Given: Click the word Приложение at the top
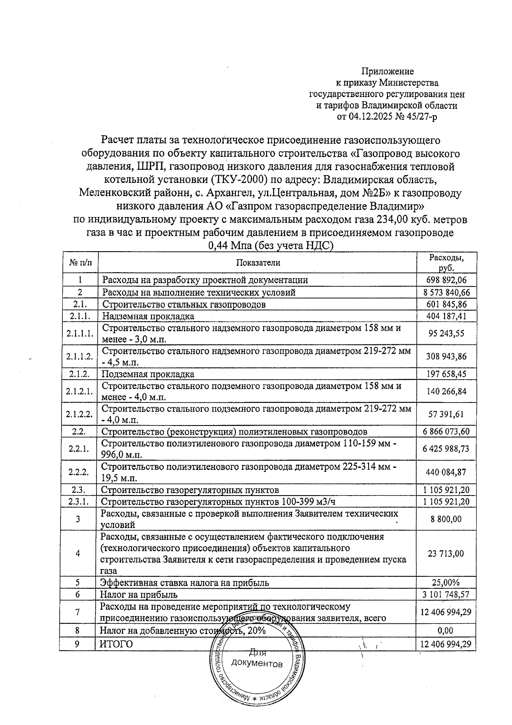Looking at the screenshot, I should click(387, 71).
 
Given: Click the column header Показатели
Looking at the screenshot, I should click(258, 263).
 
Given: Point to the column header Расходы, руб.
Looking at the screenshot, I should click(446, 263).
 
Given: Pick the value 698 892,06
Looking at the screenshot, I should click(446, 280).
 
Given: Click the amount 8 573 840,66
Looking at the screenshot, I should click(446, 293).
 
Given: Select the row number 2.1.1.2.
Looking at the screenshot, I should click(80, 356).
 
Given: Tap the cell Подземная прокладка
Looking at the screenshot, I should click(148, 374).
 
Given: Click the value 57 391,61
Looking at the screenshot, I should click(446, 414).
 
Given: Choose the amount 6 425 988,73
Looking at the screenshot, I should click(446, 449).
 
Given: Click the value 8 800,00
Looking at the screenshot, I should click(446, 519).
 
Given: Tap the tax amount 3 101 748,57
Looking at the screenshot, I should click(446, 594).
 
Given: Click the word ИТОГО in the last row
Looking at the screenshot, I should click(116, 644).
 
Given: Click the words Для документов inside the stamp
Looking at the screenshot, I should click(257, 659).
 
